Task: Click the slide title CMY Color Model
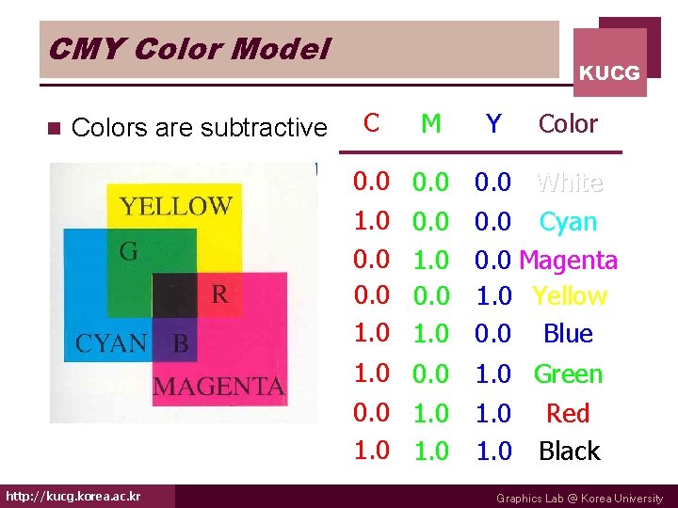point(189,48)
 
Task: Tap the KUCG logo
point(609,72)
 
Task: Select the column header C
point(372,122)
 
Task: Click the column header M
point(431,123)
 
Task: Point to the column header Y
point(492,123)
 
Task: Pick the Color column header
point(568,123)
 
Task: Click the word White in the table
point(569,182)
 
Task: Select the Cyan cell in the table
point(568,222)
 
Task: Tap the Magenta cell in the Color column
point(568,260)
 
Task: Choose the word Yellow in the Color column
point(569,296)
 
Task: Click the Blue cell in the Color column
point(568,334)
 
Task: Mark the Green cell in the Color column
point(568,374)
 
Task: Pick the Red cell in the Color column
point(568,414)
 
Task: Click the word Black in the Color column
point(569,452)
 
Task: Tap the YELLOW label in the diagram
point(175,205)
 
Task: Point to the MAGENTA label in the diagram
point(218,386)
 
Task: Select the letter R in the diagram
point(218,294)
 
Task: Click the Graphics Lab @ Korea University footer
point(579,499)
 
